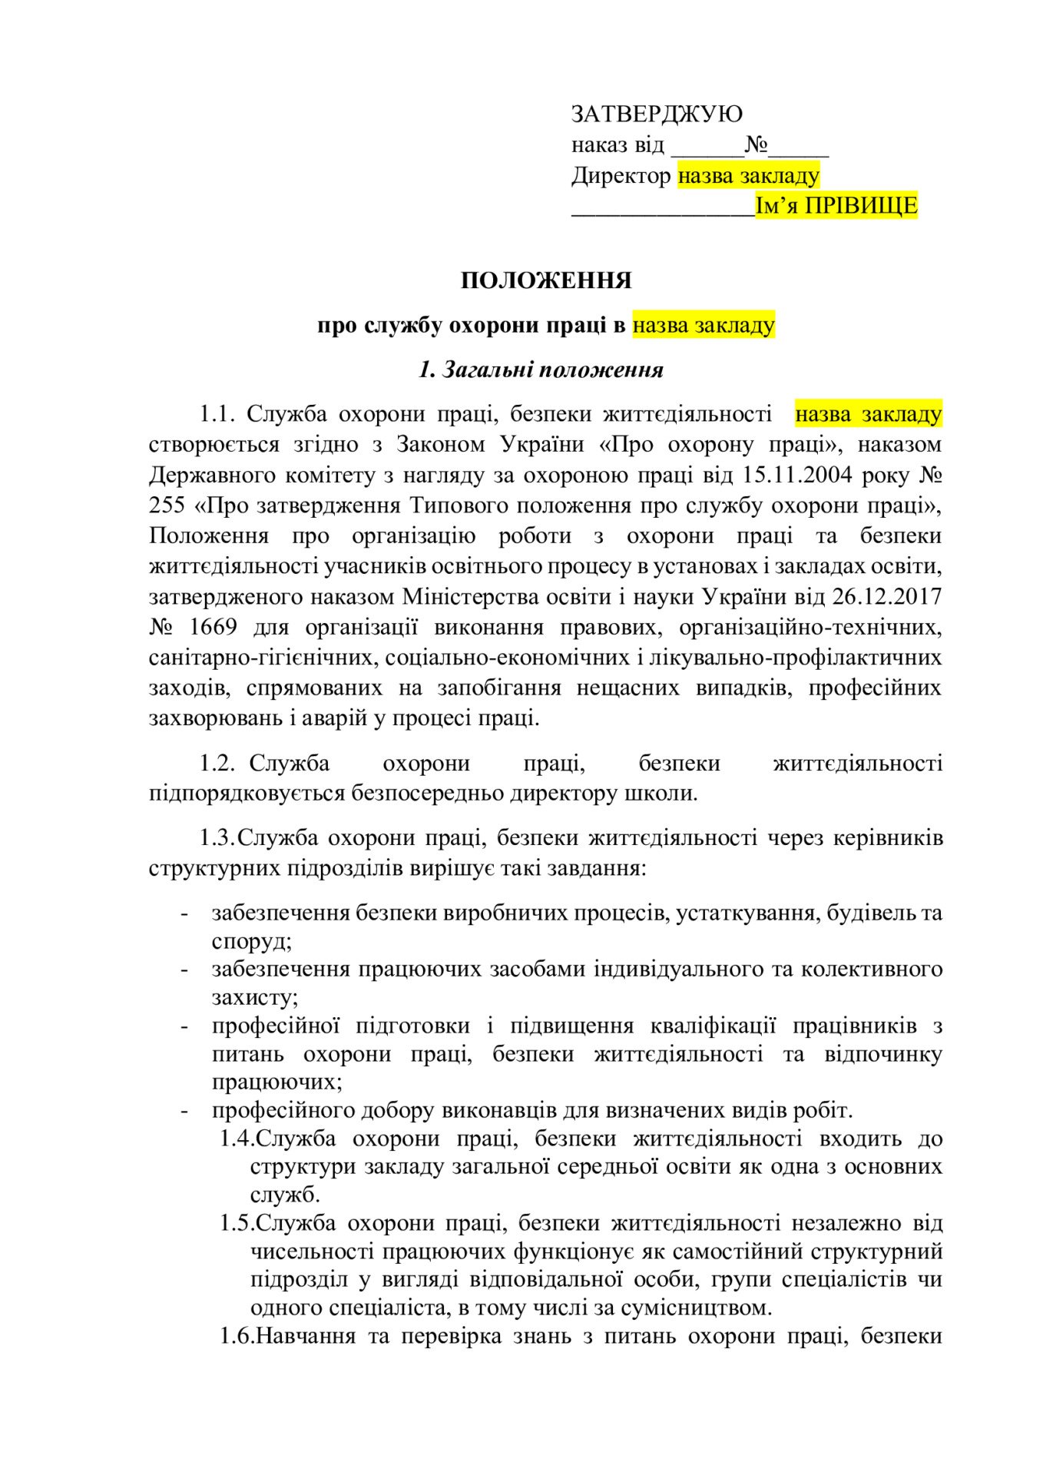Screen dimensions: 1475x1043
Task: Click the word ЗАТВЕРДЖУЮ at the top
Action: pyautogui.click(x=657, y=114)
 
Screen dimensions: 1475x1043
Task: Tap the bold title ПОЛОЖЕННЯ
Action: pyautogui.click(x=546, y=280)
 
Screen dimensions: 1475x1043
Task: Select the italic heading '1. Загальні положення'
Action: pyautogui.click(x=541, y=370)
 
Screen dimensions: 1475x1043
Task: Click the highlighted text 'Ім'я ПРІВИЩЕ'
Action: pyautogui.click(x=836, y=206)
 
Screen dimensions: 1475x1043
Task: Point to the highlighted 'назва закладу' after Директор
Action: pyautogui.click(x=748, y=176)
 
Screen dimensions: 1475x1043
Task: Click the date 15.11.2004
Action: pyautogui.click(x=798, y=475)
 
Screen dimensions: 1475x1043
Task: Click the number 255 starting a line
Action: pyautogui.click(x=168, y=505)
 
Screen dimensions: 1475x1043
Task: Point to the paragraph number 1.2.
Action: pyautogui.click(x=217, y=764)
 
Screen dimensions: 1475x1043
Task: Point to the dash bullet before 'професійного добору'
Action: pyautogui.click(x=184, y=1111)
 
